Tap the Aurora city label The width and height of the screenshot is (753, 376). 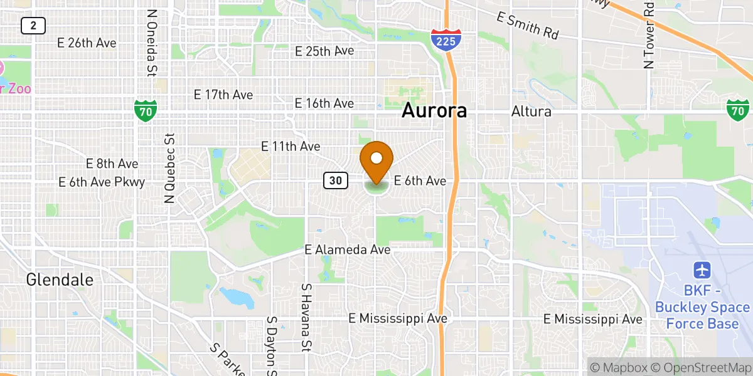(434, 111)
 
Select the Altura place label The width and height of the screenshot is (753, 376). (531, 112)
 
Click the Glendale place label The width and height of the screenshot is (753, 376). (60, 280)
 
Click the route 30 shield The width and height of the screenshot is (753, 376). (336, 181)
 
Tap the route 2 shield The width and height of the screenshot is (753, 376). (32, 26)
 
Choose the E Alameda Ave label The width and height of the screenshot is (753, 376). (347, 249)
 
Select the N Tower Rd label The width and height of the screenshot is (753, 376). (648, 34)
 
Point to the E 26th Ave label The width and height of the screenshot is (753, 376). (87, 43)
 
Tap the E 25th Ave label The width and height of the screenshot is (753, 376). (324, 51)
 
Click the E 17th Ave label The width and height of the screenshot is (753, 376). (223, 95)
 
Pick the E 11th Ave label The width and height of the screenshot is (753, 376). (291, 146)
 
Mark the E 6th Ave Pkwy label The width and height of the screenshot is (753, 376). (102, 182)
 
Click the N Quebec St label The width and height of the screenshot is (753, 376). (169, 168)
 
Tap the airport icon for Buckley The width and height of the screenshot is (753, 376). (702, 271)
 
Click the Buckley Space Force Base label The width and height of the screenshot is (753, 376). (702, 307)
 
